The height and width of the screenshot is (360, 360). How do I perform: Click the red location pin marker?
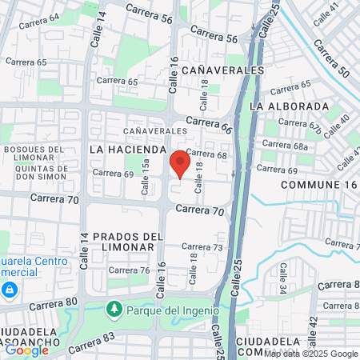(180, 163)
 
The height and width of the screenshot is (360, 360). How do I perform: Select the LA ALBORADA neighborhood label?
(290, 106)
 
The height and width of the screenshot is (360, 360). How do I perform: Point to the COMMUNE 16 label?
(318, 185)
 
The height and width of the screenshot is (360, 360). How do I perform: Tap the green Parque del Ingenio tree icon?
(114, 309)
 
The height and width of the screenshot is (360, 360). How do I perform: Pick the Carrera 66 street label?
(210, 124)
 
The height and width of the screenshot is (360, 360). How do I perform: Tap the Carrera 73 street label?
(202, 247)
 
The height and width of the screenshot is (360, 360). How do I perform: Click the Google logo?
(26, 350)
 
